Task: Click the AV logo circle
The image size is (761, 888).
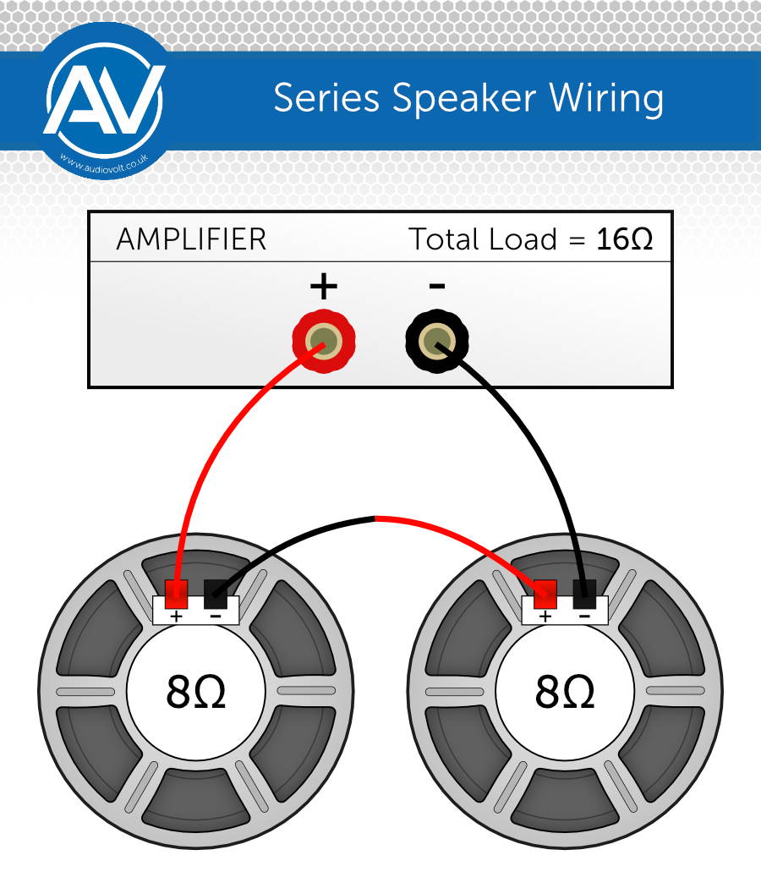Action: [105, 101]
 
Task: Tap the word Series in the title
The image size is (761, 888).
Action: [326, 98]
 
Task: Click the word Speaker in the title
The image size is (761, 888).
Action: [463, 99]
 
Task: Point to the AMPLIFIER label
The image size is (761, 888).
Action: [191, 239]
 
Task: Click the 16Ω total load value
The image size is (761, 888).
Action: [625, 239]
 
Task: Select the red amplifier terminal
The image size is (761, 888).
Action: [324, 340]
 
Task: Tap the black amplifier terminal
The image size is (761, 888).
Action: [437, 340]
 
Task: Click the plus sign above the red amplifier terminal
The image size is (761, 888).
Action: [324, 286]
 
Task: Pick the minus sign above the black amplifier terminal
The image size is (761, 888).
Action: [437, 286]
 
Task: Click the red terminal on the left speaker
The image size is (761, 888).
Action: [176, 594]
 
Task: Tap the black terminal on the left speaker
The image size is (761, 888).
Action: [215, 594]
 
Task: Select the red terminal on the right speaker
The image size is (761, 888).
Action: [545, 594]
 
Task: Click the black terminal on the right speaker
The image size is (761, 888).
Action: [584, 594]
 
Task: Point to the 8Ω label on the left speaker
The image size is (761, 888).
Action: [196, 692]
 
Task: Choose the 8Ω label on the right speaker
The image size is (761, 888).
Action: [565, 692]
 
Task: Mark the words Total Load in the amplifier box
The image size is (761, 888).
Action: [483, 239]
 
